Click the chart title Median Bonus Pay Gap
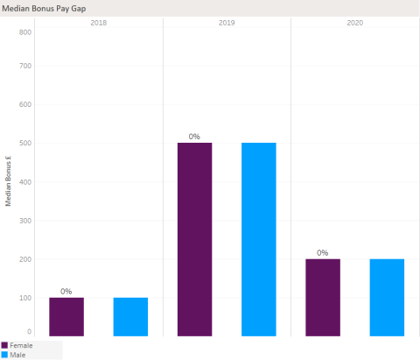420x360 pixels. (x=43, y=7)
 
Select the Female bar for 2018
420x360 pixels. (x=66, y=316)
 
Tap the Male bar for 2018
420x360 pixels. (x=130, y=316)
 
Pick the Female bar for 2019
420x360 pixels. (x=194, y=239)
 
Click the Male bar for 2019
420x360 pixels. (x=259, y=239)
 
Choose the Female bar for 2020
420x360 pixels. (x=323, y=297)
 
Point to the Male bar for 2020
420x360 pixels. (x=387, y=297)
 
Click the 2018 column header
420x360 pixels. (x=99, y=22)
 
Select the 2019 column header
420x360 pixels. (x=227, y=22)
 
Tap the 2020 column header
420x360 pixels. (x=355, y=22)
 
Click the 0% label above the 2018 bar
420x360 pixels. (x=66, y=291)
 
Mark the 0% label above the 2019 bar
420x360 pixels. (x=194, y=136)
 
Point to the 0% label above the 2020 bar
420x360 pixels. (x=323, y=252)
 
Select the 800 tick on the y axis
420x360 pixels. (x=26, y=32)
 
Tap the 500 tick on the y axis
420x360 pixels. (x=26, y=143)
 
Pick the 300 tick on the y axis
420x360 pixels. (x=26, y=221)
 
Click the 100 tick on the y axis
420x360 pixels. (x=26, y=298)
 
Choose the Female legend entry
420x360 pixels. (x=21, y=345)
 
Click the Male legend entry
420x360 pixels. (x=17, y=355)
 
